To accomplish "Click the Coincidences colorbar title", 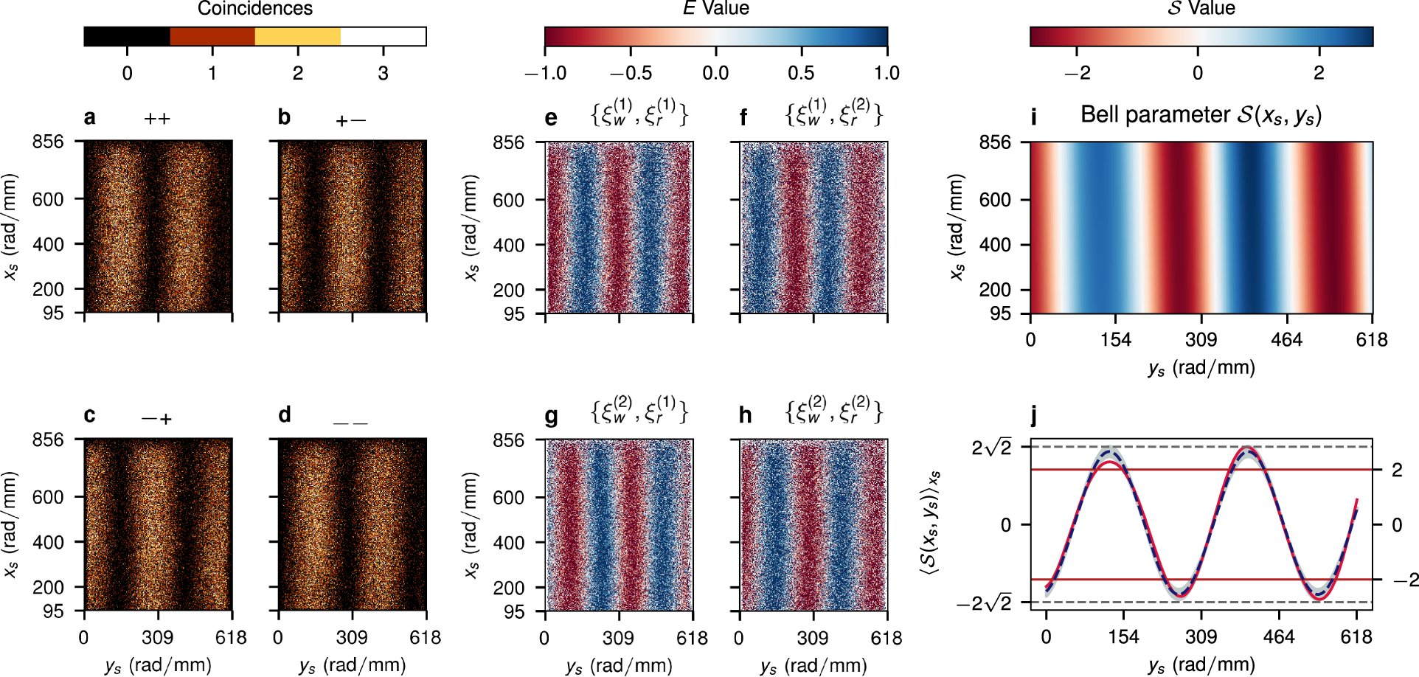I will (254, 9).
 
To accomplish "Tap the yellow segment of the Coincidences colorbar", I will (297, 36).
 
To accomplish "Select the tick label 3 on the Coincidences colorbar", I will (383, 73).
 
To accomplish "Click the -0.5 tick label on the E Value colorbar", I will (631, 73).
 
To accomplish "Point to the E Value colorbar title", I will (715, 9).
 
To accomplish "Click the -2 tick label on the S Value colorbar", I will (1077, 73).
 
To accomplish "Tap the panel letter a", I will (89, 117).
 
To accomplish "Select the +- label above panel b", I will (350, 120).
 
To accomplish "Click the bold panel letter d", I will (285, 415).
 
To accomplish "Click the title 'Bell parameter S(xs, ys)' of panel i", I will (1201, 115).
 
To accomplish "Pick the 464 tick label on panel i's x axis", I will (1286, 340).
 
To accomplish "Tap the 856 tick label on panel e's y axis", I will (508, 142).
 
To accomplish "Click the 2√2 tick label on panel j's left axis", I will (991, 448).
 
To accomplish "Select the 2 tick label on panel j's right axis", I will (1397, 470).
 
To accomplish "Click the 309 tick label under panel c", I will (157, 638).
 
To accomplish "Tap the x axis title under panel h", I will (813, 666).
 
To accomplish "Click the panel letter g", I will (551, 417).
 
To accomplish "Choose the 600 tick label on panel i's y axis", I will (994, 200).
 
